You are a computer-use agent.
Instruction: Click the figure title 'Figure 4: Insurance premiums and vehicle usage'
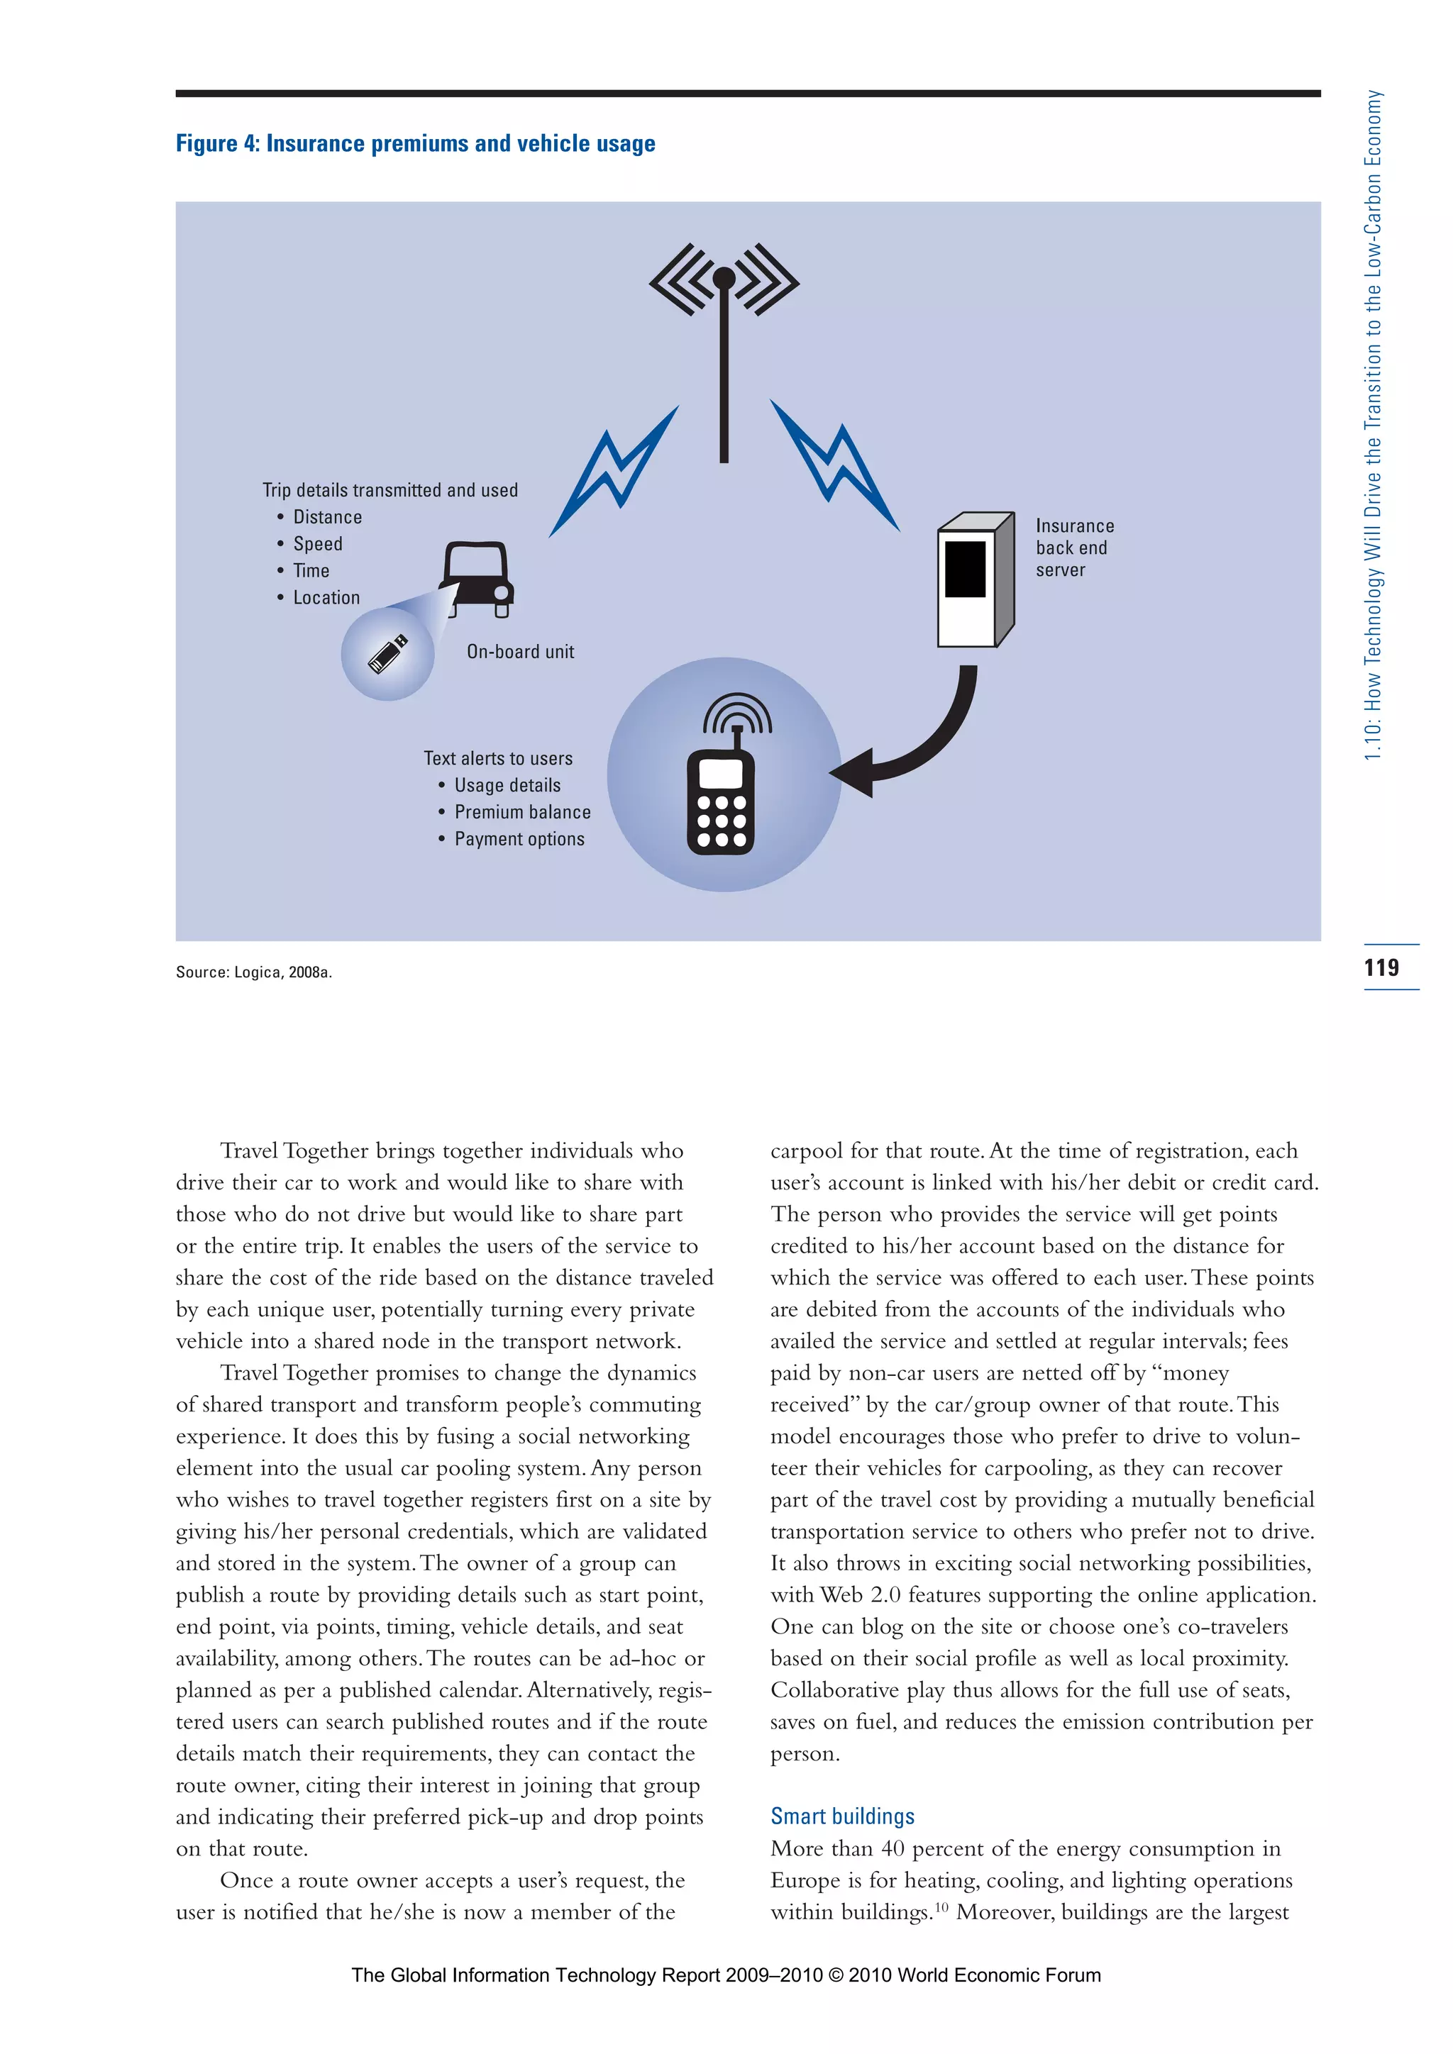[415, 144]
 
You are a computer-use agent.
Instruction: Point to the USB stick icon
[388, 654]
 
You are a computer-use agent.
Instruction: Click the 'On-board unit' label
[520, 653]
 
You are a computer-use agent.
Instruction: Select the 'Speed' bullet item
[318, 544]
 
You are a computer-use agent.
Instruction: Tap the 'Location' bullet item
[326, 598]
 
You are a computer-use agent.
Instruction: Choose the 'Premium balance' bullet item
[522, 812]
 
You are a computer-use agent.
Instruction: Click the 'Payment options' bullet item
[519, 839]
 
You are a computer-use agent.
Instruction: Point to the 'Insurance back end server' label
[1075, 548]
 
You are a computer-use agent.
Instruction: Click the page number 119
[1381, 967]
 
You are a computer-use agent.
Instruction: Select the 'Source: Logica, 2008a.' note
[254, 972]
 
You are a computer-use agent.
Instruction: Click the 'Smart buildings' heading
[842, 1816]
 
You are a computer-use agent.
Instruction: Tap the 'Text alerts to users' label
[497, 759]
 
